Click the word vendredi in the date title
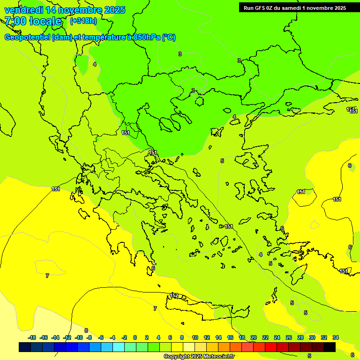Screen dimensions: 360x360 (23, 10)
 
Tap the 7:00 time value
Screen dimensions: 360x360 (15, 21)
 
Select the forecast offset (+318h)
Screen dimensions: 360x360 (83, 21)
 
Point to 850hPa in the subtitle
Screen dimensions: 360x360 (145, 37)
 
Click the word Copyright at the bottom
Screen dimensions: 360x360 (177, 357)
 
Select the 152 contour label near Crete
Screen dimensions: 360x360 (174, 295)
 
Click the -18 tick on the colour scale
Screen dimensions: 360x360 (32, 337)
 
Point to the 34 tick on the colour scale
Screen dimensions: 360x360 (335, 337)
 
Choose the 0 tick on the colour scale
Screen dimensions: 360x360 (135, 337)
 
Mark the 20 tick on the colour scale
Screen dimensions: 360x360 (253, 337)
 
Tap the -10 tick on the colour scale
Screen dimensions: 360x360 (78, 337)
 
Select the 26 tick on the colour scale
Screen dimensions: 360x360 (288, 337)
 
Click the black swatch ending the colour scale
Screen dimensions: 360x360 (329, 347)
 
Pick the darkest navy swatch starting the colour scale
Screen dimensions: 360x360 (25, 347)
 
